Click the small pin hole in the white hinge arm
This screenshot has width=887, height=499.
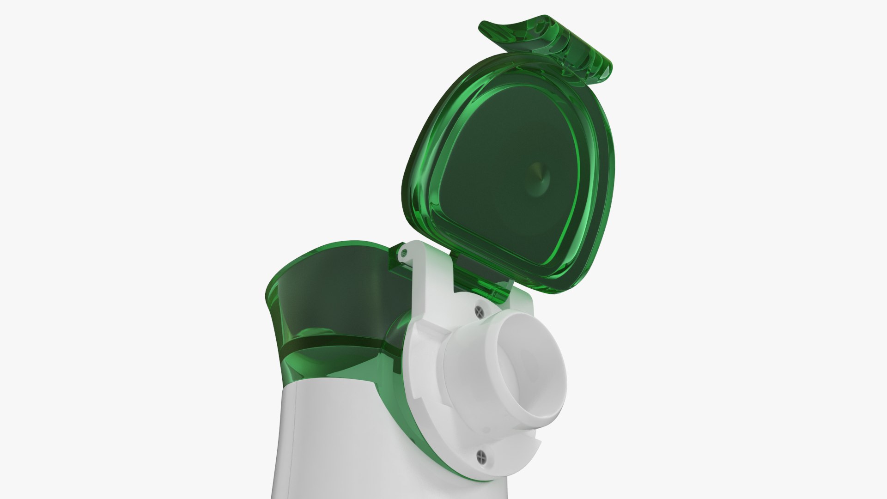coord(404,253)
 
